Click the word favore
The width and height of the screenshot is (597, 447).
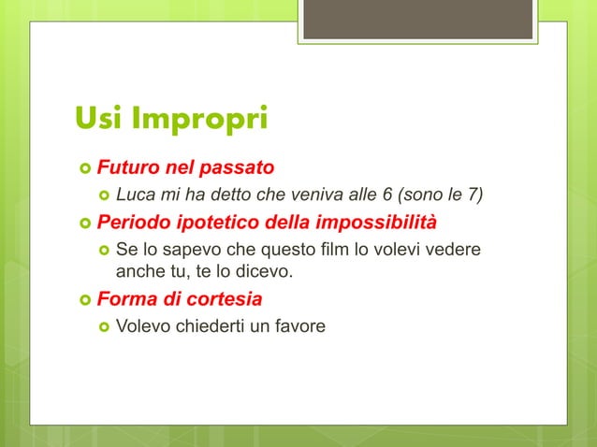(295, 327)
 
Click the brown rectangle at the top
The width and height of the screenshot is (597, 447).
(418, 20)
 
